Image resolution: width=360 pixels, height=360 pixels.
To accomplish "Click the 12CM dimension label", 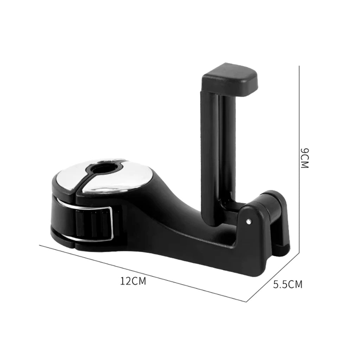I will pyautogui.click(x=133, y=281).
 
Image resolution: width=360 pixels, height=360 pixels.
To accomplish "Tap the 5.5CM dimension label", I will pyautogui.click(x=288, y=284).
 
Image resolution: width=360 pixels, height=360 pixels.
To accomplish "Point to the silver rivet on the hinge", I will pyautogui.click(x=249, y=221).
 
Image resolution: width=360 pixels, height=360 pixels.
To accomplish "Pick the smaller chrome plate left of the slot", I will pyautogui.click(x=70, y=176).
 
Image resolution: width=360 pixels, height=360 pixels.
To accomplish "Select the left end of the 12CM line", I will pyautogui.click(x=39, y=245).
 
